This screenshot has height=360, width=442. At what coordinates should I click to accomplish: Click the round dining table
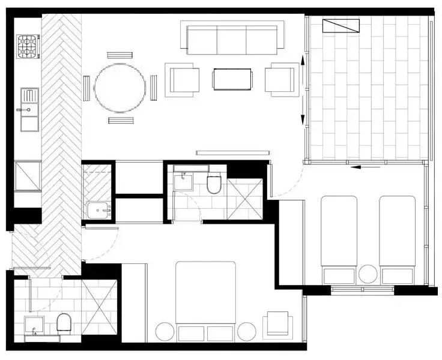click(120, 88)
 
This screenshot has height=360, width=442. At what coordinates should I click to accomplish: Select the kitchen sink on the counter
click(29, 109)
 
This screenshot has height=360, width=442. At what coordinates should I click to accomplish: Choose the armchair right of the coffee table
click(281, 79)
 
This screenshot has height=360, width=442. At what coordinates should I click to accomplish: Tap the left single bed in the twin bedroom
click(339, 237)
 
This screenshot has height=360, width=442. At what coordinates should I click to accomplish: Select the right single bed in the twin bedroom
click(396, 237)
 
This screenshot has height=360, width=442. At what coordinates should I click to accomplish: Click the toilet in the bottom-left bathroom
click(64, 324)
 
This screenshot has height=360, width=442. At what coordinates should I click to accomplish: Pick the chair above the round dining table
click(120, 55)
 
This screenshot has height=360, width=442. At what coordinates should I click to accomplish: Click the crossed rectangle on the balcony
click(341, 26)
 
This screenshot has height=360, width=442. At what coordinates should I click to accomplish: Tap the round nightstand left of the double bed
click(165, 332)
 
